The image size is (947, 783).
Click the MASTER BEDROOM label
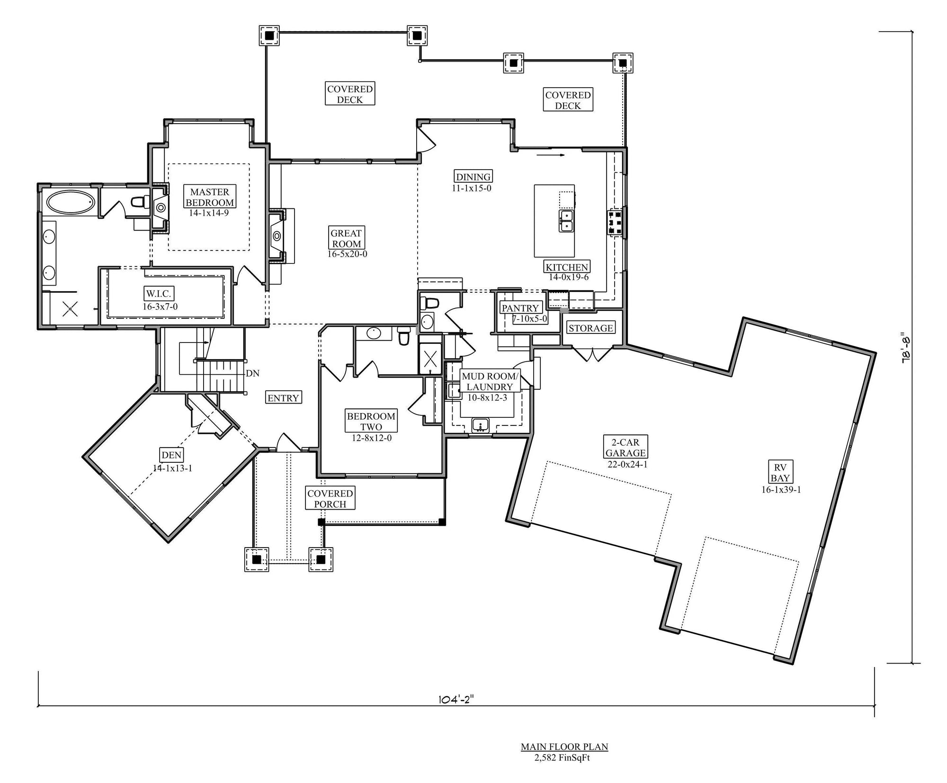point(210,197)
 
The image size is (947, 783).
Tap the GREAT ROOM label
point(346,238)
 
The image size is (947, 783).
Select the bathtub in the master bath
point(71,202)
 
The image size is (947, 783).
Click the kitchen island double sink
point(566,221)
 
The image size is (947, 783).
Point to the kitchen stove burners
point(616,222)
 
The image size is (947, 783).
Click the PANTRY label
point(520,308)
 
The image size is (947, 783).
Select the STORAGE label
point(591,328)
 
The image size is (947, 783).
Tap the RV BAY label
point(780,473)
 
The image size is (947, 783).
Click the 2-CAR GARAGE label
point(625,447)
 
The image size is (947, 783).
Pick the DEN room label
point(171,455)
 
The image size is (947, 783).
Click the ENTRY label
point(283,398)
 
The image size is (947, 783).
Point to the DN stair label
point(253,373)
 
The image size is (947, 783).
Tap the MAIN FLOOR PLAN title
point(564,747)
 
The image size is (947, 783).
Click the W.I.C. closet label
point(158,294)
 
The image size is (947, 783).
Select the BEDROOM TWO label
point(371,422)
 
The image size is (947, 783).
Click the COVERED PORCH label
point(330,499)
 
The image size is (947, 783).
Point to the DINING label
point(473,177)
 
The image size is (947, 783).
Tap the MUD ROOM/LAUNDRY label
point(491,381)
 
